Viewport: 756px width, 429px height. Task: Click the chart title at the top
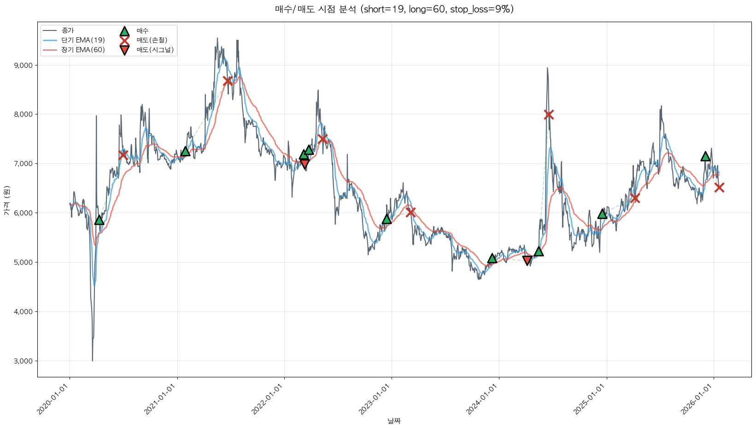point(394,9)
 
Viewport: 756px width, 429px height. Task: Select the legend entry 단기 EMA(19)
point(83,40)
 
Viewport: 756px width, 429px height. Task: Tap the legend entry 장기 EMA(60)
point(83,50)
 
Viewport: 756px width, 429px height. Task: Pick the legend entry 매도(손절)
point(155,40)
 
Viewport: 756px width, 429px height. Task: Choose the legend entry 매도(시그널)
point(155,50)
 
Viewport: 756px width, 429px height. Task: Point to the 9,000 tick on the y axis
point(23,66)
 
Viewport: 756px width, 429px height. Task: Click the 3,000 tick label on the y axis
point(23,361)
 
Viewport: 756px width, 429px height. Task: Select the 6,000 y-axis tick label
point(23,213)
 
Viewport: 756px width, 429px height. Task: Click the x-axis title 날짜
point(394,421)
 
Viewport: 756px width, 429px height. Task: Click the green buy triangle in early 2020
point(99,220)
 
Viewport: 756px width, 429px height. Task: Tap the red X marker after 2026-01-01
point(719,187)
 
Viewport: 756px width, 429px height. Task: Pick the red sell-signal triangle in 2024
point(527,261)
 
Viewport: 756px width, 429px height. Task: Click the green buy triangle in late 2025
point(705,156)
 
